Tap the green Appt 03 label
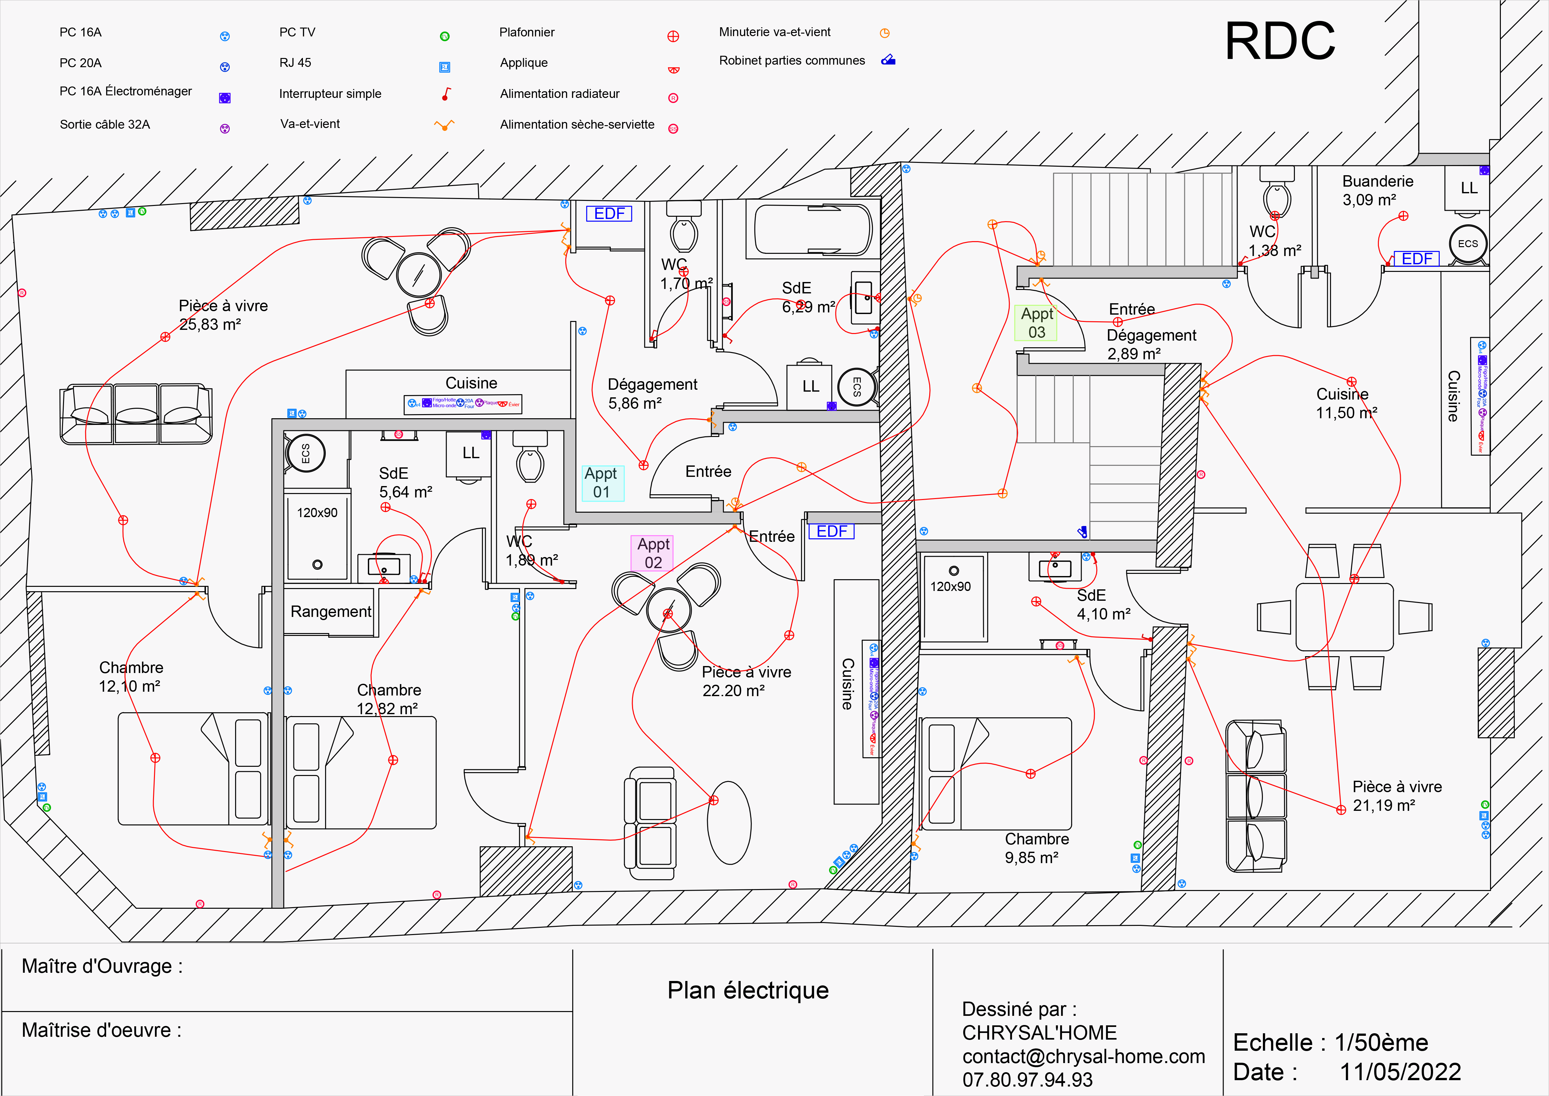[x=1036, y=323]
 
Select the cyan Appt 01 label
[x=601, y=483]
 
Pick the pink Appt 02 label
[x=652, y=553]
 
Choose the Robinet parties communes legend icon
[x=888, y=60]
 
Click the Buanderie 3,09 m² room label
[x=1377, y=190]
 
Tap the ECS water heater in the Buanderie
[x=1467, y=244]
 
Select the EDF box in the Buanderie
[x=1417, y=259]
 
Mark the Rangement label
[x=330, y=612]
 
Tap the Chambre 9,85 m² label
[x=1036, y=848]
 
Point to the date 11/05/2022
[x=1400, y=1072]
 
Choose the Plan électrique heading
[x=747, y=990]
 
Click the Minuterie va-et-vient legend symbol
[x=885, y=33]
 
